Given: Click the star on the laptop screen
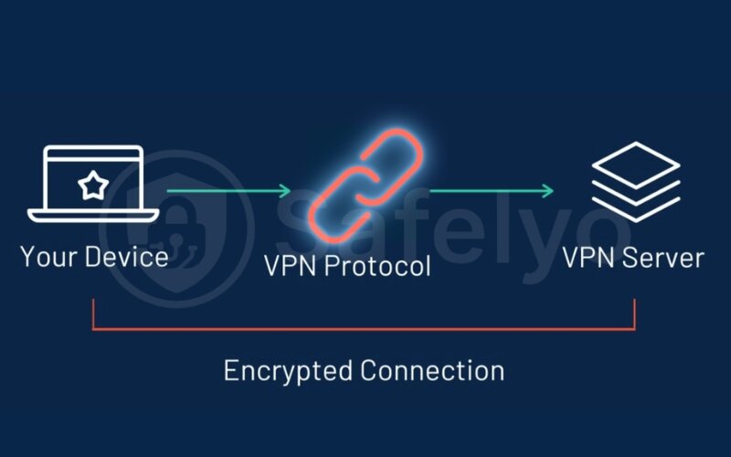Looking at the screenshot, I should pos(91,186).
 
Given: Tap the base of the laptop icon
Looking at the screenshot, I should pos(91,216).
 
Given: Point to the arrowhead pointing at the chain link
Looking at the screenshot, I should pos(284,191).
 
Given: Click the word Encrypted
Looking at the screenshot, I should pos(288,371).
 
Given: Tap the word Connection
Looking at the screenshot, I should pos(432,370).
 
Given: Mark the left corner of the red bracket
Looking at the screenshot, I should pos(93,327).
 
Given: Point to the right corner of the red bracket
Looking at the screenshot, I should pos(634,327).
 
